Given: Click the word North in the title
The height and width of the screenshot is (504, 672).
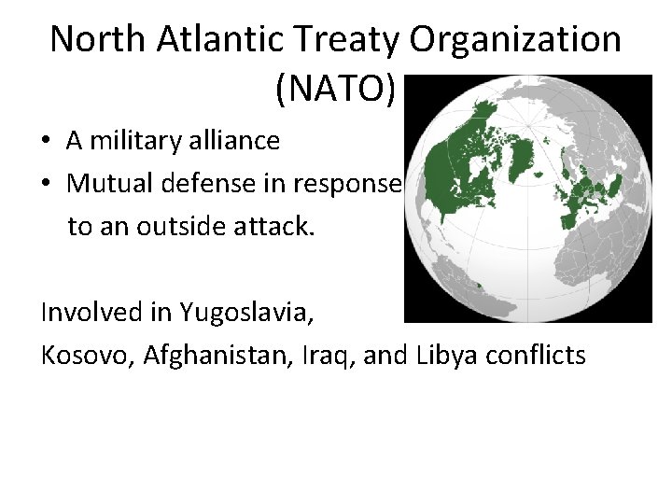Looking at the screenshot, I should tap(95, 39).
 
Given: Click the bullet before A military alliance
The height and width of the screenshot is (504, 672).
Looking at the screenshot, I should tap(46, 142).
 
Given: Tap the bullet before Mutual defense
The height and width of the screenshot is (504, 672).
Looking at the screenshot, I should tap(46, 185).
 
